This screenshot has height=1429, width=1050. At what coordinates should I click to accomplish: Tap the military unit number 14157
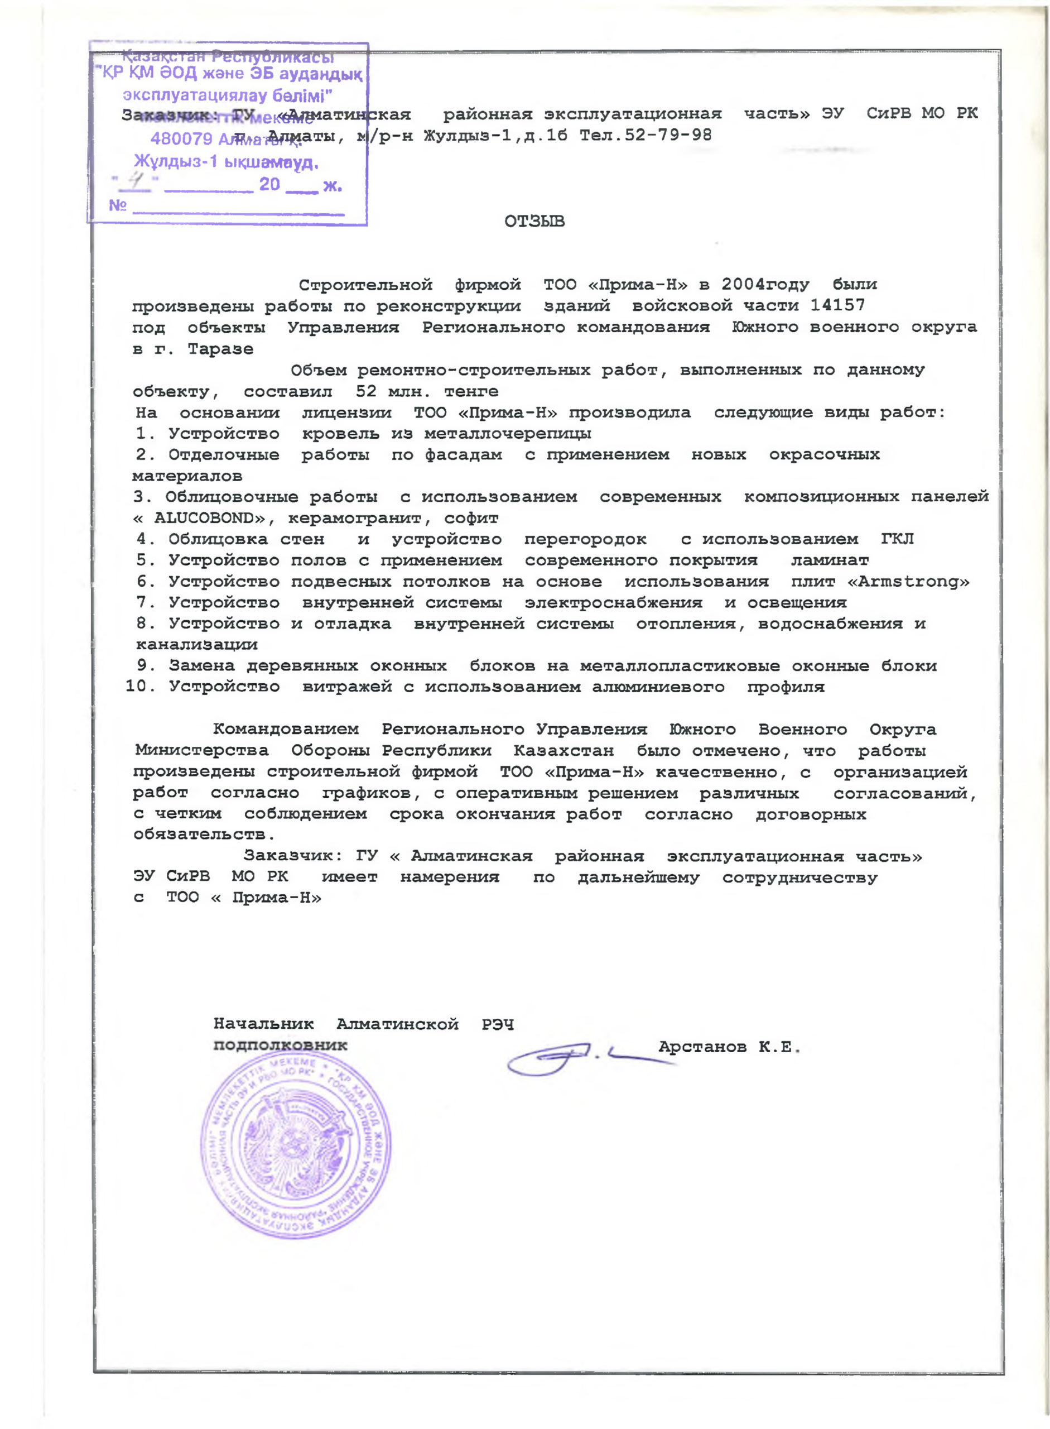point(837,305)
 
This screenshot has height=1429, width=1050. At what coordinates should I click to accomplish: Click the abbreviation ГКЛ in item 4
point(898,539)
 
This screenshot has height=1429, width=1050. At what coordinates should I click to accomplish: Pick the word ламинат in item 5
point(830,560)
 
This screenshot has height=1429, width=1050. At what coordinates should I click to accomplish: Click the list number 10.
point(137,687)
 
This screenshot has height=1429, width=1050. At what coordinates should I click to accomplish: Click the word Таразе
point(220,349)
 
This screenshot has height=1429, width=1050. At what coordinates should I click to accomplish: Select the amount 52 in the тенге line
point(366,391)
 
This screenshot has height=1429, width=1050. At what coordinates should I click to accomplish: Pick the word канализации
point(197,644)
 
